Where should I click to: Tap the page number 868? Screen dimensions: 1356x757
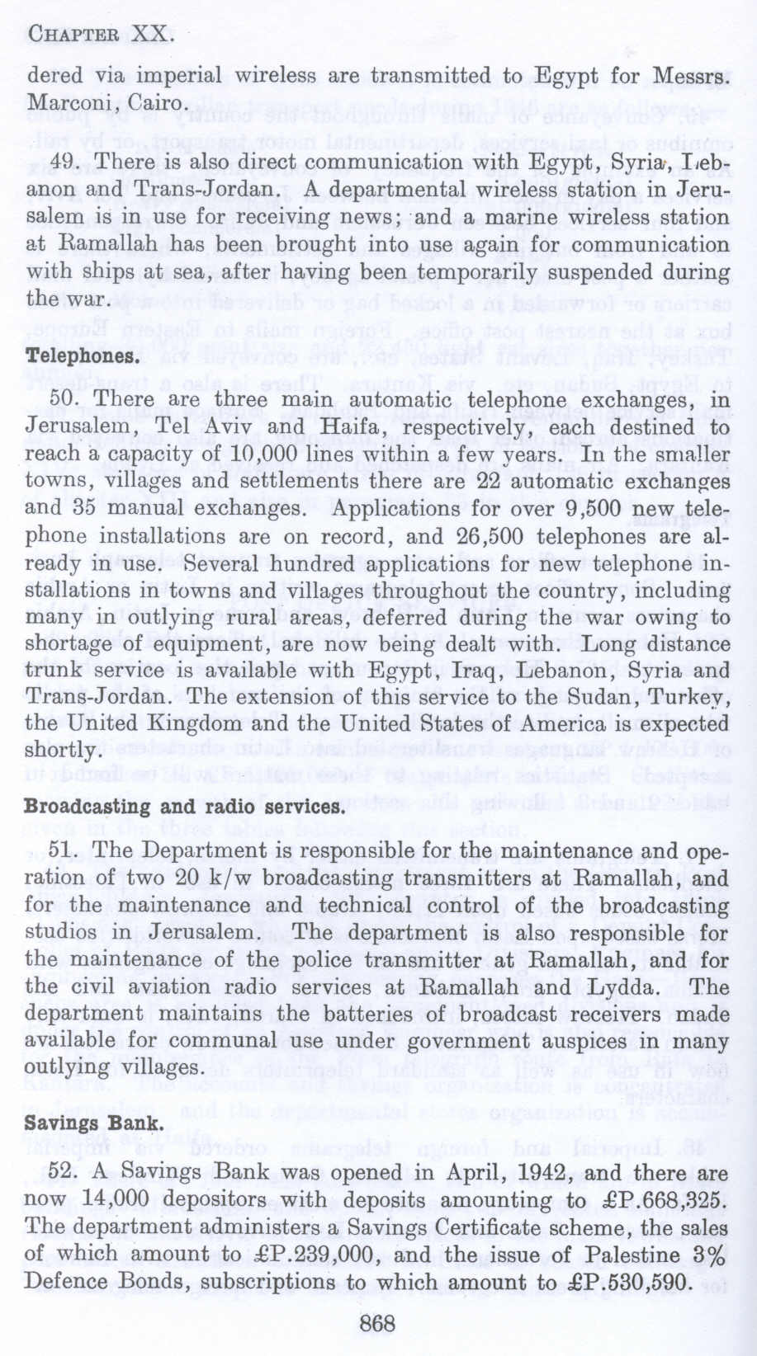click(x=379, y=1324)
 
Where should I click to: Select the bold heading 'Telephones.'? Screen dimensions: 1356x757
click(x=81, y=356)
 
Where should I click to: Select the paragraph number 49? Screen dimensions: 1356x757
click(x=64, y=162)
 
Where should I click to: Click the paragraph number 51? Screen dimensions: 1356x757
click(x=64, y=850)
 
